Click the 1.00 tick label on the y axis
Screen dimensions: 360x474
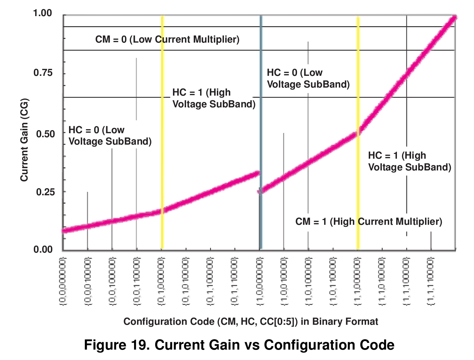click(x=43, y=13)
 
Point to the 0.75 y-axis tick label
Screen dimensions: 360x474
click(x=43, y=73)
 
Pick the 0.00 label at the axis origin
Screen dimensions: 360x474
click(x=43, y=250)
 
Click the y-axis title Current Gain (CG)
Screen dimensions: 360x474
click(x=24, y=140)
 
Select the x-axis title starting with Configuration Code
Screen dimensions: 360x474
click(x=251, y=321)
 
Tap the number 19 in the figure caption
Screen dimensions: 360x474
click(x=138, y=345)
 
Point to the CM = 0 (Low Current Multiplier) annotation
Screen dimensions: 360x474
click(x=167, y=39)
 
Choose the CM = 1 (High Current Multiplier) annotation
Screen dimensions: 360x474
click(x=369, y=221)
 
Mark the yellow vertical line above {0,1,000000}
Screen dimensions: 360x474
click(x=162, y=134)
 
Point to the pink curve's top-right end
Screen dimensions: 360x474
click(x=454, y=17)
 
